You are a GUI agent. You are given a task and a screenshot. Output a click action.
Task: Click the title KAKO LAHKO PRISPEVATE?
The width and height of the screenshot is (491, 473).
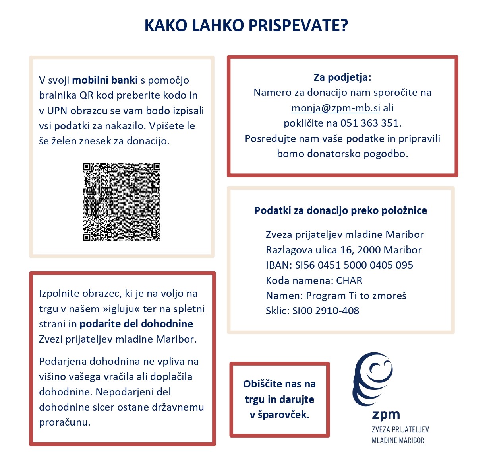click(x=246, y=25)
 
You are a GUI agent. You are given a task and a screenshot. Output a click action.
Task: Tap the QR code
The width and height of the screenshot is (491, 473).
click(x=122, y=202)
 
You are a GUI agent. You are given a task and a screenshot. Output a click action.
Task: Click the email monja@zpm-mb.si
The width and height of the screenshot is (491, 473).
click(x=336, y=108)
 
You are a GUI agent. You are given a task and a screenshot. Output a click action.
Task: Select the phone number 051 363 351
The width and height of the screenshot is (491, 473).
click(x=369, y=123)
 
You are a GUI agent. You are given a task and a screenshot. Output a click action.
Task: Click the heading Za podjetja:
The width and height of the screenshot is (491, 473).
click(x=342, y=77)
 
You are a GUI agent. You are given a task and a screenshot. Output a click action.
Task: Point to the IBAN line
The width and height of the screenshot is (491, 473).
click(x=339, y=265)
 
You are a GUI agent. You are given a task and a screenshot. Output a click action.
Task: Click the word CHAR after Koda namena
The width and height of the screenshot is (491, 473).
click(x=349, y=280)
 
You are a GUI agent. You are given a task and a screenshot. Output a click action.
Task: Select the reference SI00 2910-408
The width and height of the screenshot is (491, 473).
click(x=326, y=311)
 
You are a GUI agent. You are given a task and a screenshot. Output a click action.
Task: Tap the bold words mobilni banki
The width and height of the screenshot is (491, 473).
click(x=105, y=80)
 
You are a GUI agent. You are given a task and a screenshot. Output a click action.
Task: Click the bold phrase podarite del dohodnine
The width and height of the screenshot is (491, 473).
click(x=136, y=324)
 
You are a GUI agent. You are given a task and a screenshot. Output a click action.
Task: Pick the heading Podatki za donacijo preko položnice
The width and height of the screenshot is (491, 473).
click(x=340, y=210)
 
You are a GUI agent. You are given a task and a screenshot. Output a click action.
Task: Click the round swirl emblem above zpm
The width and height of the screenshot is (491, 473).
click(x=373, y=378)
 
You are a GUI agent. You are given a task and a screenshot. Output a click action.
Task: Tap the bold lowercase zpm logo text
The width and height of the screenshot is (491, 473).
click(x=386, y=415)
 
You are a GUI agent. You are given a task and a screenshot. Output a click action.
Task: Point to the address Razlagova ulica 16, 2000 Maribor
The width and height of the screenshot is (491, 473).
click(x=344, y=250)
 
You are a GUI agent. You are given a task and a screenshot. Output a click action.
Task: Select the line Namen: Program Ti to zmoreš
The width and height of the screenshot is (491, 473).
click(x=336, y=296)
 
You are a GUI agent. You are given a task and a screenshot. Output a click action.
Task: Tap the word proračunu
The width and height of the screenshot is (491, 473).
click(x=64, y=422)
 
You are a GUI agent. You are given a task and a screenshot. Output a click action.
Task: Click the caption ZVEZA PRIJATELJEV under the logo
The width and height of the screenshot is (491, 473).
click(x=400, y=430)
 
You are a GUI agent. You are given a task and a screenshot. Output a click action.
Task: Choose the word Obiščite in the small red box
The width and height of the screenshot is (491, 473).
click(x=263, y=384)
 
